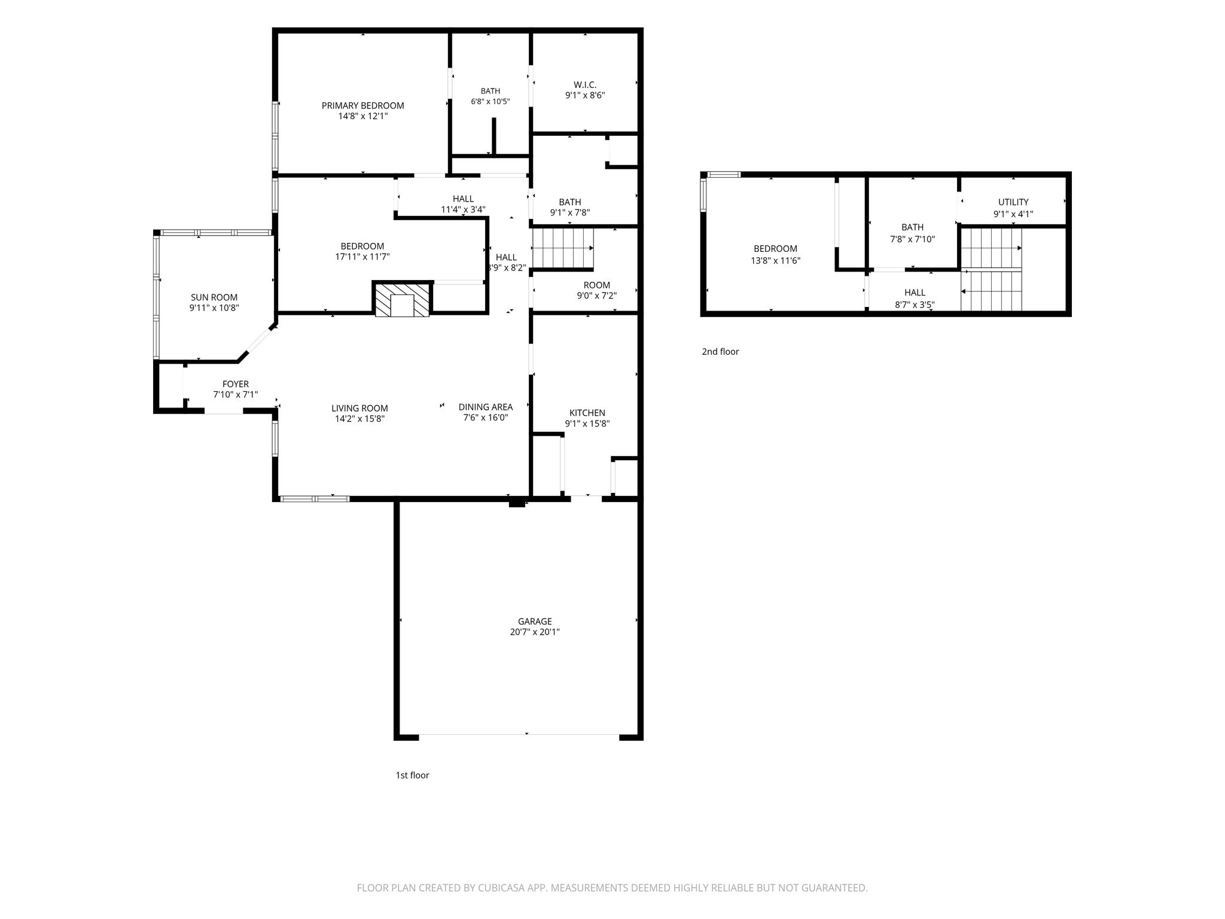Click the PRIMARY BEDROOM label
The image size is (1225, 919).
(362, 106)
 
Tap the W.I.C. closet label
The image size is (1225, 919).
(585, 85)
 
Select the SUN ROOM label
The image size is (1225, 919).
(214, 297)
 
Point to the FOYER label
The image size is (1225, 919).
(235, 384)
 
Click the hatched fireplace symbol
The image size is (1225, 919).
(402, 299)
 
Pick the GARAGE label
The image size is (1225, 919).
(535, 622)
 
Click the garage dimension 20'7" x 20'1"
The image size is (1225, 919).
(535, 632)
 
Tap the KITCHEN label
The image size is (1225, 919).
(587, 413)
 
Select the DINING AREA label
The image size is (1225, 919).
(486, 407)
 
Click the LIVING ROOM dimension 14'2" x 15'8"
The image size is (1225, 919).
(359, 419)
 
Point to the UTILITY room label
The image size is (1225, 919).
(1013, 202)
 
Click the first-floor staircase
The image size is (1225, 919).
(563, 249)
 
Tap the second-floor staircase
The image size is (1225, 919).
(991, 269)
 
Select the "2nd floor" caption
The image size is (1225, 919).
(720, 352)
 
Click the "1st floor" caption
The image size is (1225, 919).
(412, 775)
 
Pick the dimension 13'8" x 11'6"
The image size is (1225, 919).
(775, 261)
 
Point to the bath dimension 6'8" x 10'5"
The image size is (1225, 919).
(490, 102)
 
